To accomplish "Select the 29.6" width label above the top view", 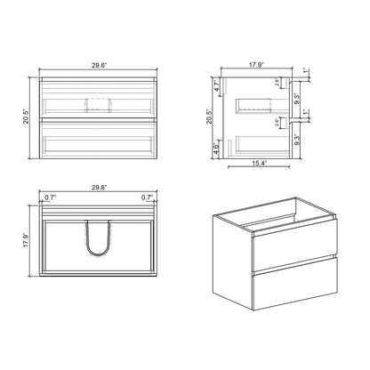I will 99,188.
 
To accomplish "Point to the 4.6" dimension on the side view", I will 217,150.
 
